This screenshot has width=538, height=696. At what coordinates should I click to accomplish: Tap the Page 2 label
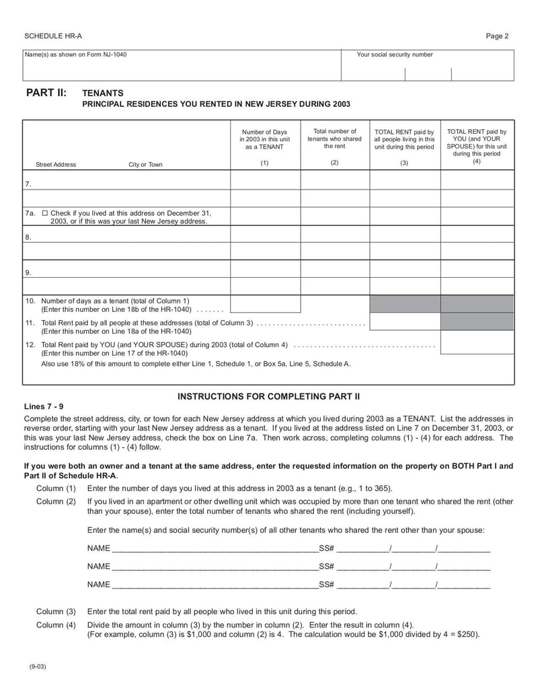pyautogui.click(x=497, y=36)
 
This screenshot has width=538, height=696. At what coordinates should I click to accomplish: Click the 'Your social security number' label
pyautogui.click(x=395, y=55)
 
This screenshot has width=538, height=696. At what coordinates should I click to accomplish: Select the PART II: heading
pyautogui.click(x=46, y=93)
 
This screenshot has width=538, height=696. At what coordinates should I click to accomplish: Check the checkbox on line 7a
pyautogui.click(x=45, y=213)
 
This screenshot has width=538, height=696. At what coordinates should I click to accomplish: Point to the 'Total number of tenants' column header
pyautogui.click(x=334, y=139)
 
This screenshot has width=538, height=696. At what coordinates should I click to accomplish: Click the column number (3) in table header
pyautogui.click(x=404, y=163)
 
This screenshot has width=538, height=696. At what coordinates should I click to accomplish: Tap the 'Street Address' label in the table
pyautogui.click(x=56, y=165)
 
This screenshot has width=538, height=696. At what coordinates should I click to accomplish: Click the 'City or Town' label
pyautogui.click(x=145, y=165)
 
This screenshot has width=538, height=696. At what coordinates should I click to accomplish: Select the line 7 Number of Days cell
pyautogui.click(x=265, y=180)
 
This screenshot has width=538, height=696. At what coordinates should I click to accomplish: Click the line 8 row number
pyautogui.click(x=28, y=237)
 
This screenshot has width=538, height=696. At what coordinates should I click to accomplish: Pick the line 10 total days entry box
pyautogui.click(x=265, y=305)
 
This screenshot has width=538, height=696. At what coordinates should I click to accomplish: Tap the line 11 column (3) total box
pyautogui.click(x=405, y=322)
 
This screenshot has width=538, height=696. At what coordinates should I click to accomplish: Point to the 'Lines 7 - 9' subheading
pyautogui.click(x=44, y=407)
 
